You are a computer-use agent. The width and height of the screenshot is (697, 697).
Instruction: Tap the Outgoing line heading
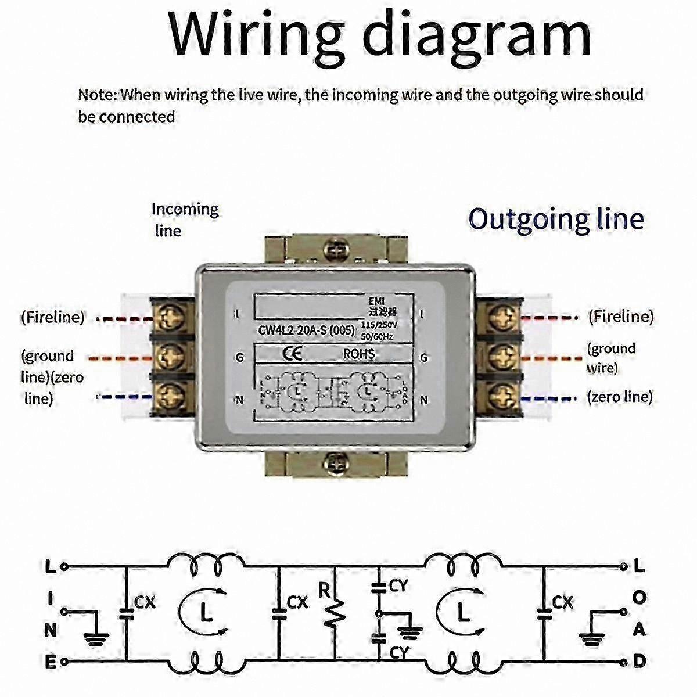556,220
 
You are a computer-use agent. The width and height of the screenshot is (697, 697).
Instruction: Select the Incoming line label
184,219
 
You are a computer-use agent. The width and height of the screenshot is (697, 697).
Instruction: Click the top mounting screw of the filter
335,250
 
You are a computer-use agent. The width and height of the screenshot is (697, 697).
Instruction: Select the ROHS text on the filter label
358,354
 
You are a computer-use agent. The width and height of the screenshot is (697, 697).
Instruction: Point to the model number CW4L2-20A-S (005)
306,331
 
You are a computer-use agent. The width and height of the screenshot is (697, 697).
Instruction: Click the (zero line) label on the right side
619,397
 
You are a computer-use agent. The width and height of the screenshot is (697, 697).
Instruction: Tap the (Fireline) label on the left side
53,318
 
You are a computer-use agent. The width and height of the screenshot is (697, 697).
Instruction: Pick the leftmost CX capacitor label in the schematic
145,603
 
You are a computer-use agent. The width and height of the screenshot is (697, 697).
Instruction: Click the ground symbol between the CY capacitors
413,630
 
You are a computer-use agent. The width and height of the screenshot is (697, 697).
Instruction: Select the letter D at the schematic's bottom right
639,661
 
